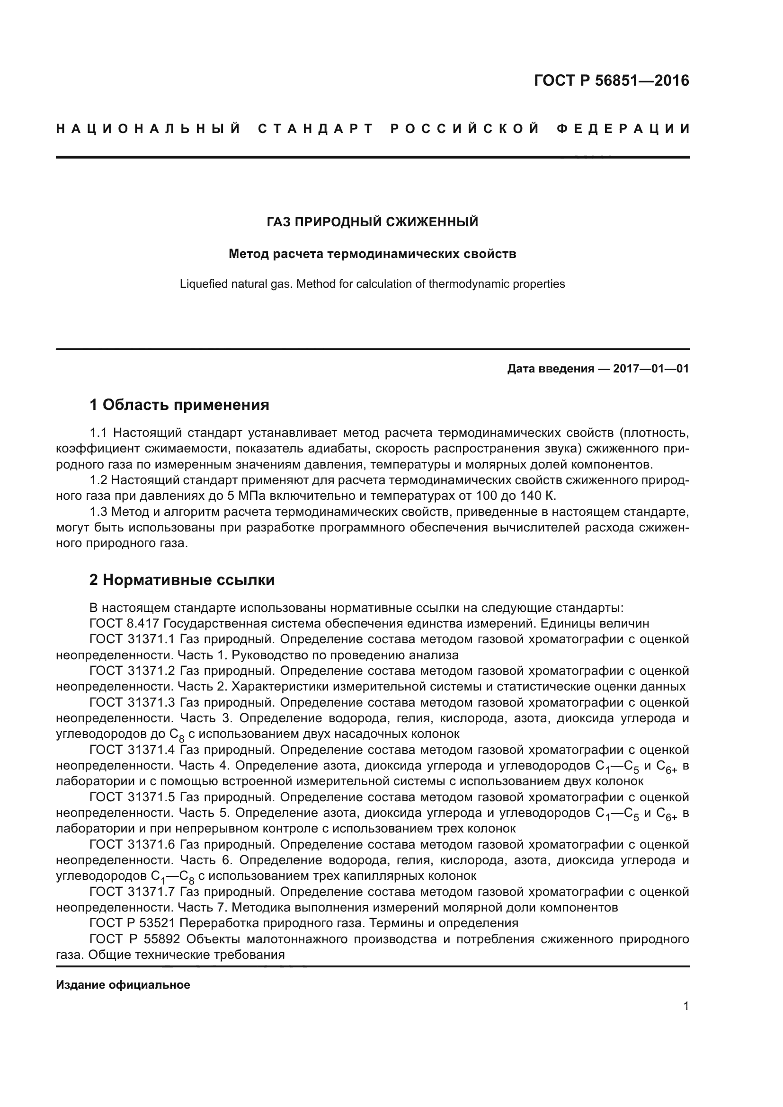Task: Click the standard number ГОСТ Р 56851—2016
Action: tap(611, 80)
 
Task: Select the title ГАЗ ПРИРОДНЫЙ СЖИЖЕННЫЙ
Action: tap(372, 222)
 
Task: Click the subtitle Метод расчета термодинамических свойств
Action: tap(372, 254)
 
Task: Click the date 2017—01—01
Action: tap(650, 369)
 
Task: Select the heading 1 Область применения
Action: tap(179, 405)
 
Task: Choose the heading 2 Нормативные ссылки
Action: tap(182, 580)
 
